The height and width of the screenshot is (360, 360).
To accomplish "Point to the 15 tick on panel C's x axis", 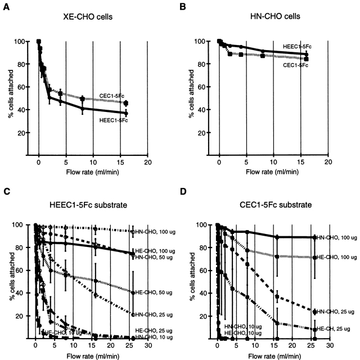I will click(x=92, y=346).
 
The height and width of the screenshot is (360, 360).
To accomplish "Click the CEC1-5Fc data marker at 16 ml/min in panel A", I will click(x=125, y=103).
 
